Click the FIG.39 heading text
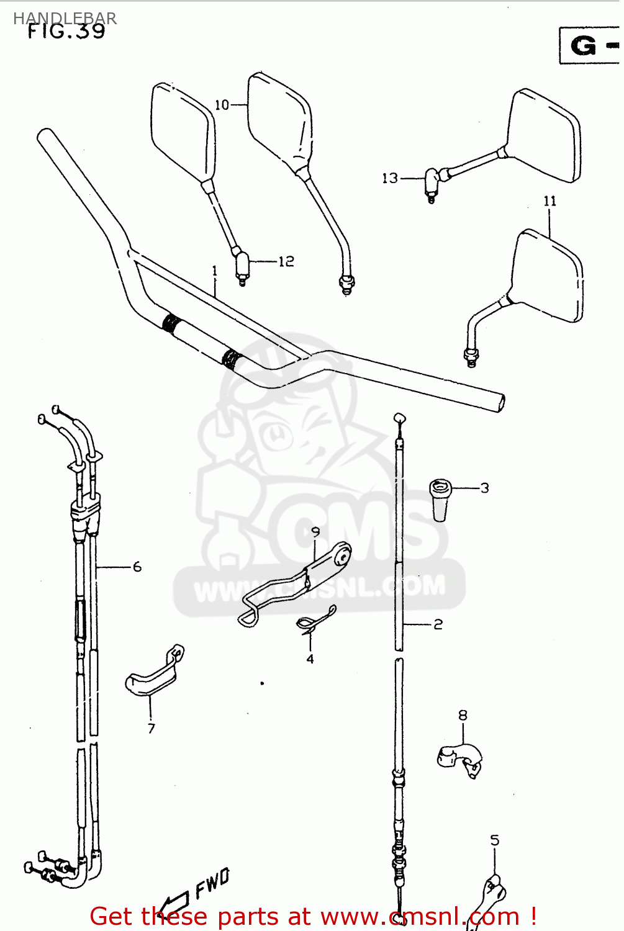coord(66,31)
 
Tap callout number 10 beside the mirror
coord(222,105)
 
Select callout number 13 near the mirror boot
coord(389,179)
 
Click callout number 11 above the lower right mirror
coord(549,201)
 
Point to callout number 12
coord(286,261)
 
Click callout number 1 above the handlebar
coord(214,271)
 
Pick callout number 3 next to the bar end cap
coord(484,488)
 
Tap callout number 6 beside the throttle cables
coord(137,567)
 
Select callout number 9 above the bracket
coord(315,532)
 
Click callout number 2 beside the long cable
coord(438,624)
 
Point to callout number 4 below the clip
coord(310,659)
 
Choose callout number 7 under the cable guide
coord(151,728)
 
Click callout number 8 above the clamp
coord(463,716)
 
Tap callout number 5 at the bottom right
coord(494,840)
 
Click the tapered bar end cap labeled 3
coord(440,500)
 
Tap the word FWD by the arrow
coord(212,883)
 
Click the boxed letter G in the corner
coord(584,46)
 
